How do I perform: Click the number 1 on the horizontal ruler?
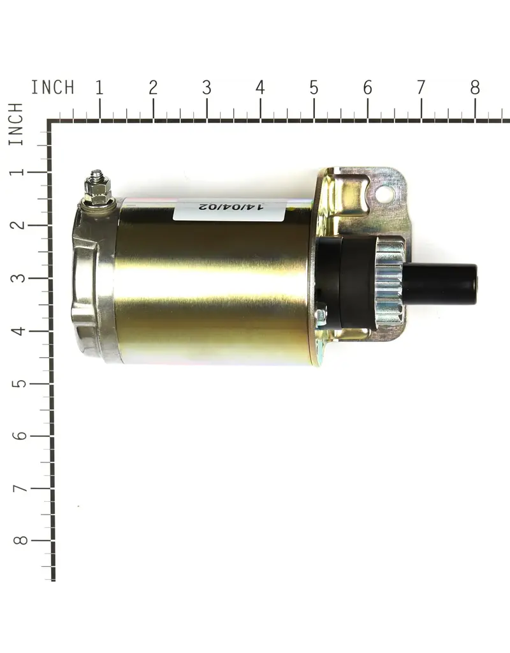[99, 87]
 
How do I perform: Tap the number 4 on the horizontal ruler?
[260, 87]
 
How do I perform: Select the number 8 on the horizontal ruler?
[475, 87]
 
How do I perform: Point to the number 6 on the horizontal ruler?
[368, 87]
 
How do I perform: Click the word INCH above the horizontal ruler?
[53, 87]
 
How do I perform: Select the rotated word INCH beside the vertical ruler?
[16, 124]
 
